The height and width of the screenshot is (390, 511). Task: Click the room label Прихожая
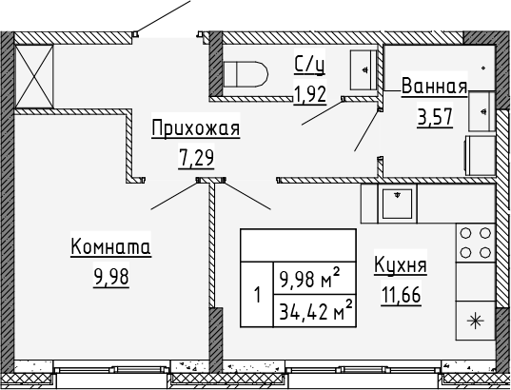coord(195,128)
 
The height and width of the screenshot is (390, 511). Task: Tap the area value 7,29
coord(196,158)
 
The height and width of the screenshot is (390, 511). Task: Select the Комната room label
coord(110,247)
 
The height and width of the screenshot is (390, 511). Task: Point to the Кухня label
coord(401,265)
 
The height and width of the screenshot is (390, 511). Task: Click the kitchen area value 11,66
coord(402,296)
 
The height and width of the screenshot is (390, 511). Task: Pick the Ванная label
coord(435,87)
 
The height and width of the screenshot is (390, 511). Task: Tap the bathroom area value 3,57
coord(435,117)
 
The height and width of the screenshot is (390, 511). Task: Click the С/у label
coord(309,65)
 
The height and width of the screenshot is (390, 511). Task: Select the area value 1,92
coord(310,95)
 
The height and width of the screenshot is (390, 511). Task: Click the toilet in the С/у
coord(246,74)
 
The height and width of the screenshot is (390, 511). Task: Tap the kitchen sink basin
coord(397,204)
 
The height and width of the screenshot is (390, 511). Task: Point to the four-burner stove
coord(475,243)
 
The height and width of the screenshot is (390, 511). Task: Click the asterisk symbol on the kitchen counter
coord(475,321)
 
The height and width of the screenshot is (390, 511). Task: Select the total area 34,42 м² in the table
coord(316,310)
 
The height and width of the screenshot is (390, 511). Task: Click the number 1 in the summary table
coord(258,295)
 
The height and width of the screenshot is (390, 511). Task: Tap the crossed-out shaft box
coord(34,76)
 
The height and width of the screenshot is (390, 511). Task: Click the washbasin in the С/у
coord(364,69)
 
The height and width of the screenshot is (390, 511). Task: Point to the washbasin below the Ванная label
coord(482,111)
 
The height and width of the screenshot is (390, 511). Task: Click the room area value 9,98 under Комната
coord(111,277)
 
